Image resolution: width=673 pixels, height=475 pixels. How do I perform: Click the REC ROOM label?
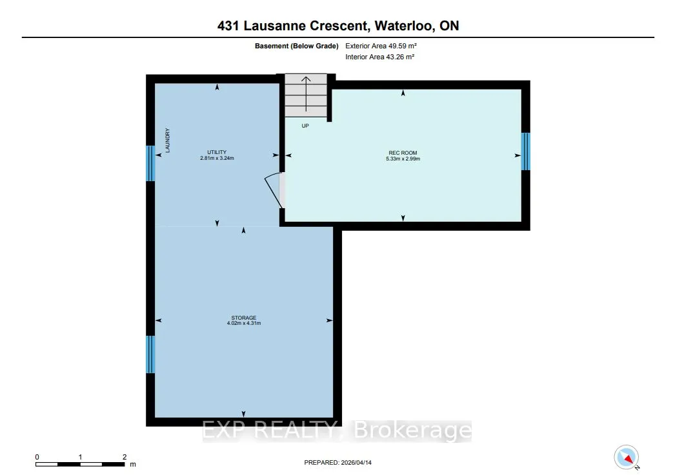(x=403, y=153)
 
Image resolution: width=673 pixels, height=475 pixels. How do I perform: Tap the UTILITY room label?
(x=217, y=152)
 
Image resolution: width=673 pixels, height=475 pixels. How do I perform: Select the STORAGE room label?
(x=244, y=318)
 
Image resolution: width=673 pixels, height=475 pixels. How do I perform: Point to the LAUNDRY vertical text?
(x=167, y=141)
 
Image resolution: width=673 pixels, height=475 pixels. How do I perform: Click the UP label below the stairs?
(x=305, y=126)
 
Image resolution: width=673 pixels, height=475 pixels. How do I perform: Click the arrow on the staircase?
(x=306, y=93)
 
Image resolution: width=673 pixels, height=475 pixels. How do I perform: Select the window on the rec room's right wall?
(x=525, y=151)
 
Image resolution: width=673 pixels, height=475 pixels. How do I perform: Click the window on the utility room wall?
(x=150, y=163)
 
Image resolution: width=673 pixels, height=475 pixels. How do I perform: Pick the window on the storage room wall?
(x=150, y=354)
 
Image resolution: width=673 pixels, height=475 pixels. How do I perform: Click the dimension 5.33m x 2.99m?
(x=403, y=159)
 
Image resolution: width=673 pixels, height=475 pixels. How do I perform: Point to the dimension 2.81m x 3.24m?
(x=217, y=158)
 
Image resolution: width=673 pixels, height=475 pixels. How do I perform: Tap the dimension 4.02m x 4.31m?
(x=244, y=324)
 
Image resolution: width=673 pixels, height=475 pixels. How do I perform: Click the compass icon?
(x=627, y=458)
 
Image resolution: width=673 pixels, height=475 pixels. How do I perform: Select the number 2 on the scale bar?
(x=125, y=457)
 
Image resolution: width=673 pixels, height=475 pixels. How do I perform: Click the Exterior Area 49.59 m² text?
(x=381, y=46)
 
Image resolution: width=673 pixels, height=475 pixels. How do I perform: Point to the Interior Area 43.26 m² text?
(x=379, y=57)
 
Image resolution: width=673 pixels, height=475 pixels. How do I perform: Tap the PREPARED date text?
(x=337, y=463)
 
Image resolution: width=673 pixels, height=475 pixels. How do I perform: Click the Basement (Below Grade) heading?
(x=297, y=46)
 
